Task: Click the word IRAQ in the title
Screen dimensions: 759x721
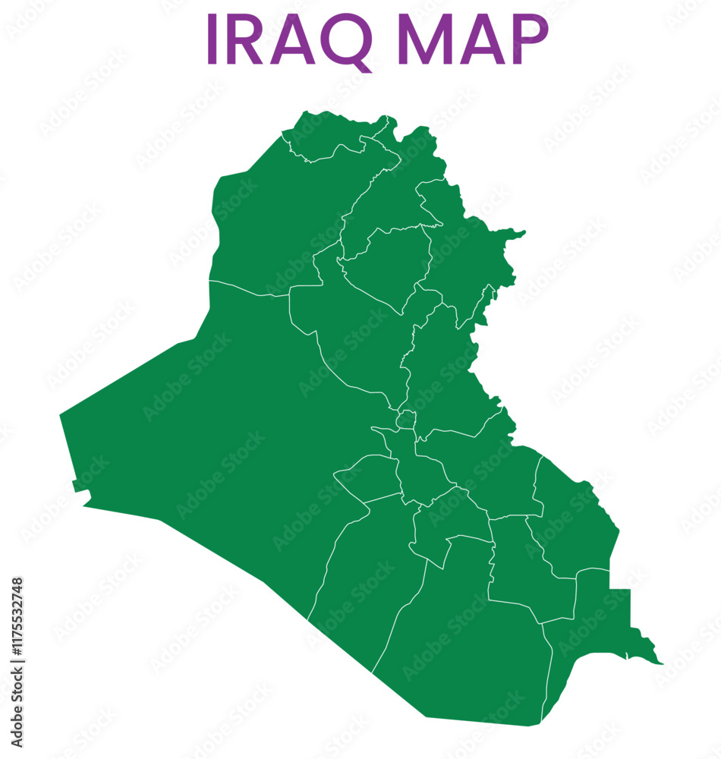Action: coord(288,39)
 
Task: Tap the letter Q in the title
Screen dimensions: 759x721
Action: coord(345,41)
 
